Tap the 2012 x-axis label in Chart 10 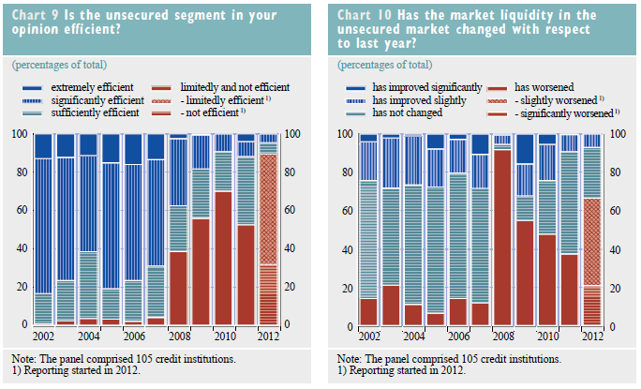point(591,336)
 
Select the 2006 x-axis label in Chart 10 point(458,336)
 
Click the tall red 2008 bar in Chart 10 point(502,234)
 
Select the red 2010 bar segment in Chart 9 point(223,258)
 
